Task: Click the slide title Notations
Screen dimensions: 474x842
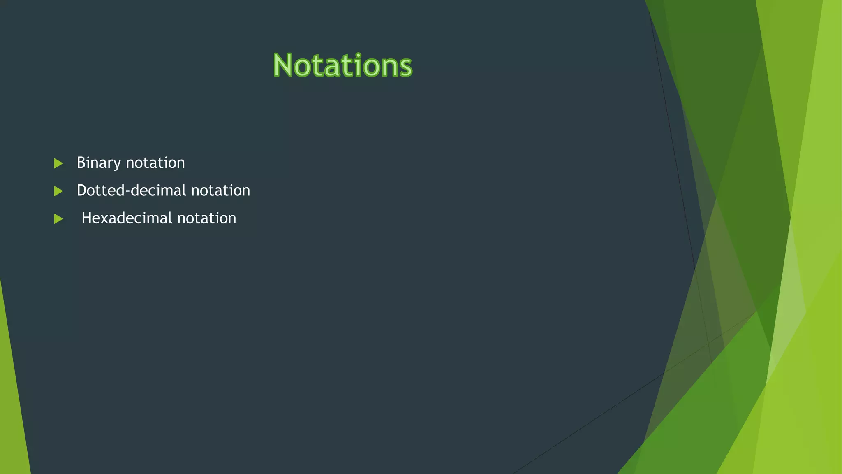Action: (342, 65)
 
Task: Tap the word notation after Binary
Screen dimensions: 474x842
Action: (155, 163)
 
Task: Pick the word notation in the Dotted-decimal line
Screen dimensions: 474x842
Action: (221, 191)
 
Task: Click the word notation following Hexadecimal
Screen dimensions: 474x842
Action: (207, 218)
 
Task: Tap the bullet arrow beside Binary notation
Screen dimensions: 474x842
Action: (58, 163)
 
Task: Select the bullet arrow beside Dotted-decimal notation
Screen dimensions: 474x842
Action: (58, 191)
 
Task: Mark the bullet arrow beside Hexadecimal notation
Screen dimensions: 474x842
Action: (58, 218)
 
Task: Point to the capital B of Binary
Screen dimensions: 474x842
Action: (81, 163)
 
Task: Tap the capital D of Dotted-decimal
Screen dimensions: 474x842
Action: (81, 191)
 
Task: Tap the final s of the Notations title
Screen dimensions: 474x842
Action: (405, 67)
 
